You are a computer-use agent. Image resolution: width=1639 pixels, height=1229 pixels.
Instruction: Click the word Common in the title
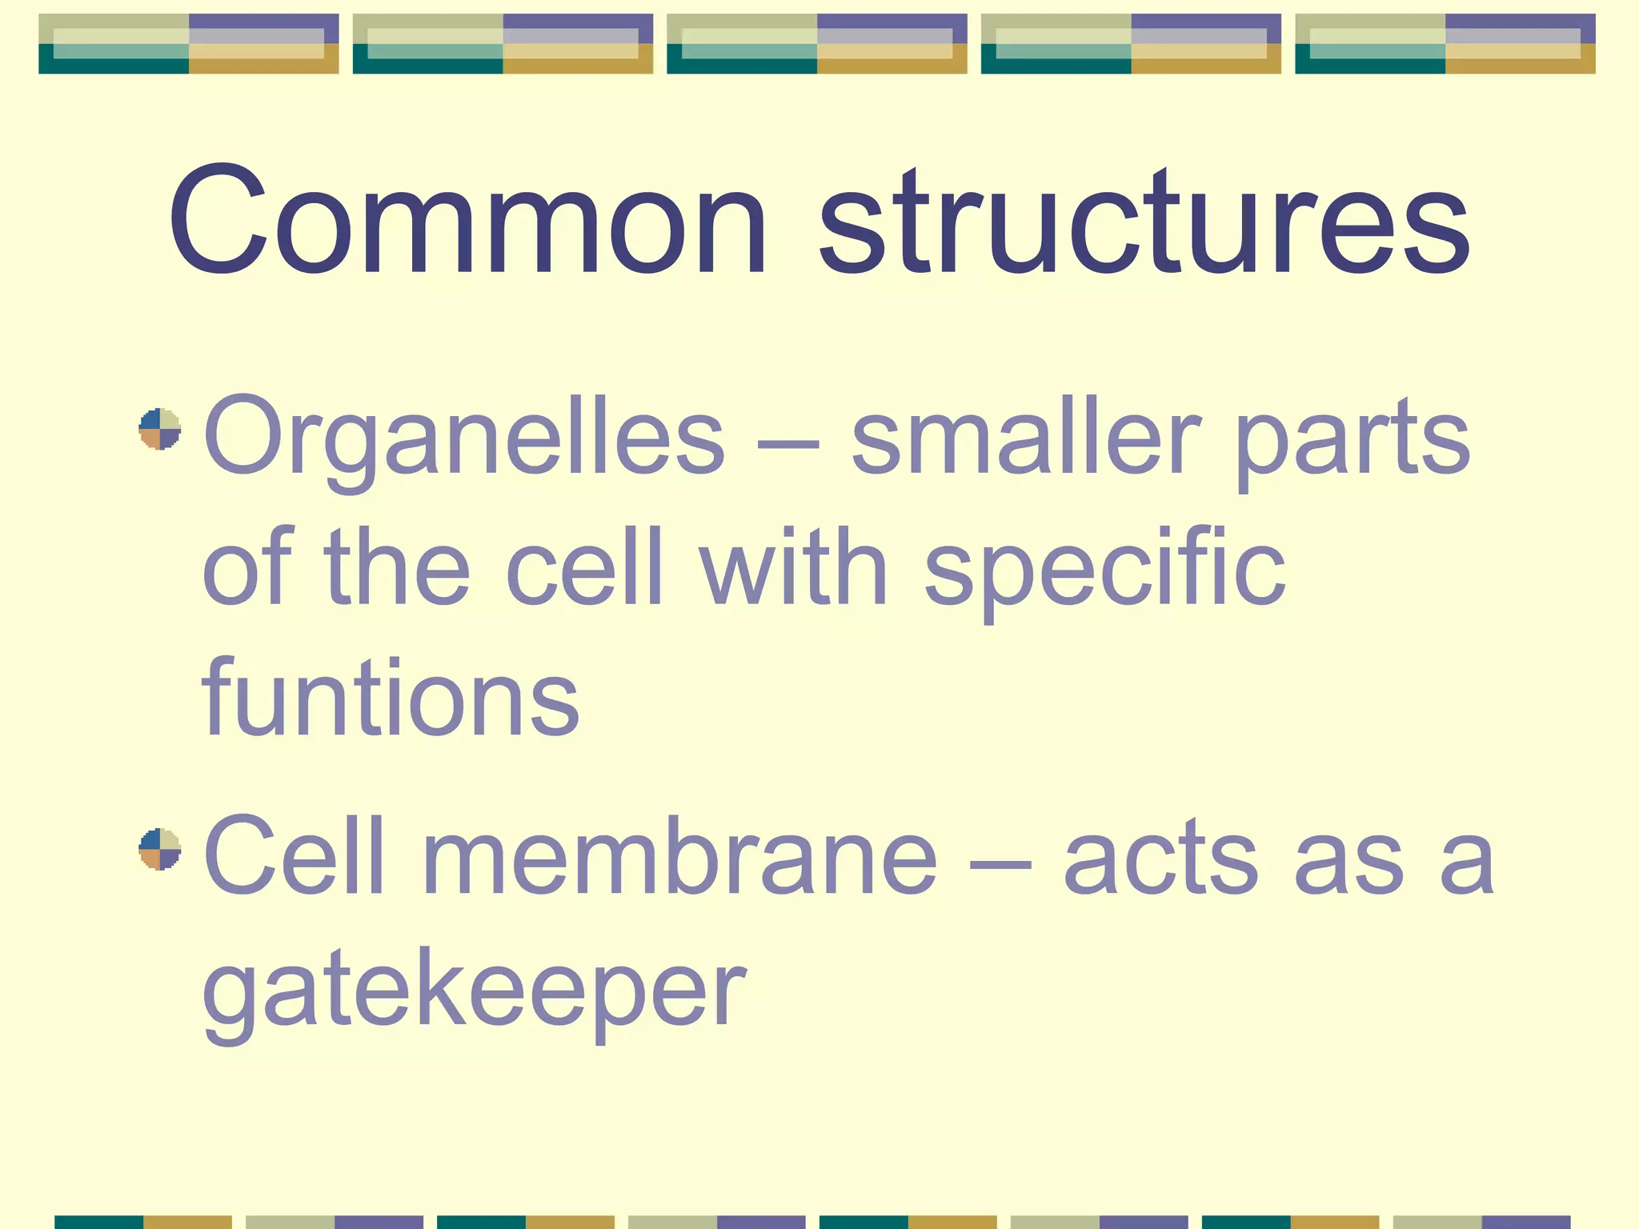point(467,220)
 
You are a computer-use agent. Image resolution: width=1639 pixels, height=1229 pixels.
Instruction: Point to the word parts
point(1352,439)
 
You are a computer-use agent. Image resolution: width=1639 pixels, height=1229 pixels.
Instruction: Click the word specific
point(1104,568)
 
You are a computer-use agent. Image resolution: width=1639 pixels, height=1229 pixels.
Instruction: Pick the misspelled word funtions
point(390,696)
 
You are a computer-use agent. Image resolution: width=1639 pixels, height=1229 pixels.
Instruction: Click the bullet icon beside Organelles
point(160,429)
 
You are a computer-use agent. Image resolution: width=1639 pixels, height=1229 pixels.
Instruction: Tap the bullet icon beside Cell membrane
point(160,849)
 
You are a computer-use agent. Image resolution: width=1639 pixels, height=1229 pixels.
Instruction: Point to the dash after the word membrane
point(1000,864)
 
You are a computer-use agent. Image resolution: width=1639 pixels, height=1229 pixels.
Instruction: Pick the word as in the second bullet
point(1348,864)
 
